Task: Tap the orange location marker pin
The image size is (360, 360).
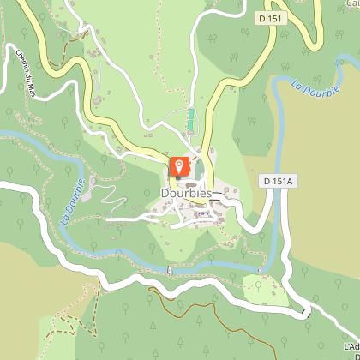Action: click(x=179, y=166)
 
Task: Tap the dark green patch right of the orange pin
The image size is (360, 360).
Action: click(x=200, y=172)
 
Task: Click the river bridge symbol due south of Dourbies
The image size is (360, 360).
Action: click(x=169, y=270)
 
